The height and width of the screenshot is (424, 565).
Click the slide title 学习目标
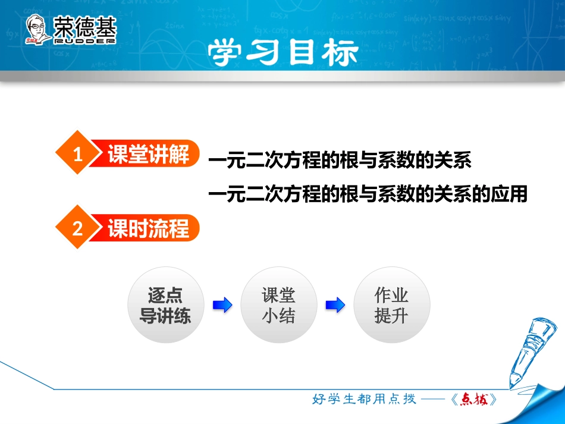[x=283, y=53]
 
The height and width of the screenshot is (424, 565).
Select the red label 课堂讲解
[x=148, y=155]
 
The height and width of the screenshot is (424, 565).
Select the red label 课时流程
[x=148, y=228]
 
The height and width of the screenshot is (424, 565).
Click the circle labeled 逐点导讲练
[x=165, y=305]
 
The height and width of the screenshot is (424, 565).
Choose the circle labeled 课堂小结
[x=278, y=305]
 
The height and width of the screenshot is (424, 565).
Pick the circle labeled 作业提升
[x=391, y=305]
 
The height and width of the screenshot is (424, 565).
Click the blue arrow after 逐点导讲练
[x=222, y=306]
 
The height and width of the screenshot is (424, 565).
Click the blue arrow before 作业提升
[x=335, y=306]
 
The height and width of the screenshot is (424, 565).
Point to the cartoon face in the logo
[x=38, y=30]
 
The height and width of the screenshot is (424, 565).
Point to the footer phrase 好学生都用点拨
[x=364, y=400]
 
